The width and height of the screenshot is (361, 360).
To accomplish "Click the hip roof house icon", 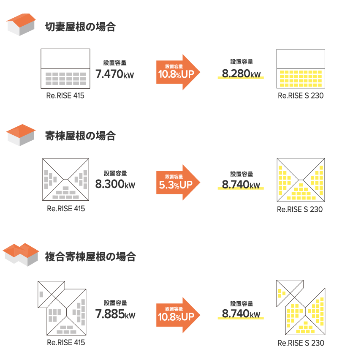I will [x=21, y=135].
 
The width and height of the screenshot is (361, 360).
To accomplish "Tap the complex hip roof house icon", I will [x=21, y=254].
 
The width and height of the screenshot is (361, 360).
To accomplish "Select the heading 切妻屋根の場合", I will [x=80, y=27].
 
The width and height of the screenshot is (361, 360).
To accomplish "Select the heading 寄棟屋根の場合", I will [x=80, y=136].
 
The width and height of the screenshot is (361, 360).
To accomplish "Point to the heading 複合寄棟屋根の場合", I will [x=90, y=256].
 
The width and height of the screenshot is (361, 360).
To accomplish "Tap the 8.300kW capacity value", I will [x=115, y=184].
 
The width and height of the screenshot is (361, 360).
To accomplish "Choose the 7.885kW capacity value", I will [x=115, y=314].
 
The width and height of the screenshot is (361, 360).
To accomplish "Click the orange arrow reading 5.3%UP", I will [x=178, y=182].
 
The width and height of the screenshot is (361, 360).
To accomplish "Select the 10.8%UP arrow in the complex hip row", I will [x=178, y=314].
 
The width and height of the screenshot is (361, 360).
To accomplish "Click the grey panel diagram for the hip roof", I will [x=66, y=180].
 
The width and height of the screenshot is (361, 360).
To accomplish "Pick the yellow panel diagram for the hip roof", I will [x=301, y=180].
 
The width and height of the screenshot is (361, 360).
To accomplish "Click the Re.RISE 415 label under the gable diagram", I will [x=65, y=96].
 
